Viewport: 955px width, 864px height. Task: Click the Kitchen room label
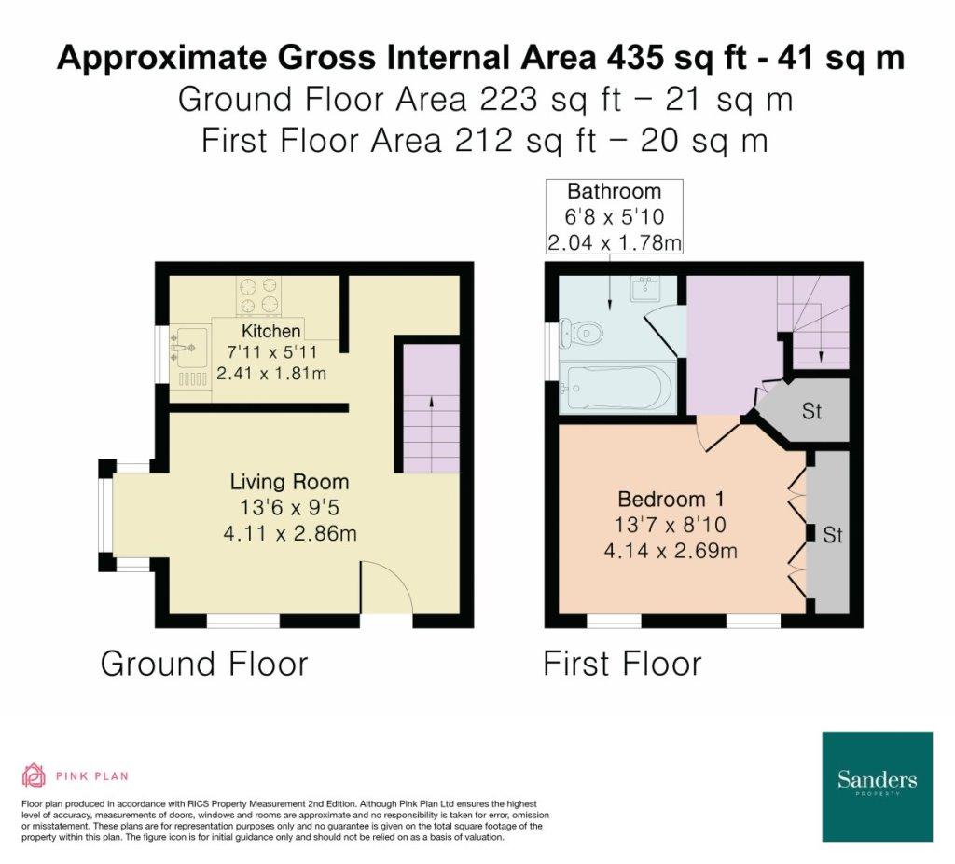(x=271, y=331)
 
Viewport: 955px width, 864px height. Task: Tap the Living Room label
(x=289, y=482)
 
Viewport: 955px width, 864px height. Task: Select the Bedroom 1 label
(x=671, y=500)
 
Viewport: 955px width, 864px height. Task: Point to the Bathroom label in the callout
(x=614, y=191)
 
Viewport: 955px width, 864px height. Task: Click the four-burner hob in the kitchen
(x=259, y=295)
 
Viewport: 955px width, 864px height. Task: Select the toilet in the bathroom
(x=582, y=334)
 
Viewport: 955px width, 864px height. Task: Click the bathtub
(x=617, y=387)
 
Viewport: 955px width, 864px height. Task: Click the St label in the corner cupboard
(x=812, y=411)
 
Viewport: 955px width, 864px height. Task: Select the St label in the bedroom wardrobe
(x=832, y=535)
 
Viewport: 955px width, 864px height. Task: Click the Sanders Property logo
(x=877, y=786)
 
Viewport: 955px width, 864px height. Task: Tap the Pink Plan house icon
(x=35, y=775)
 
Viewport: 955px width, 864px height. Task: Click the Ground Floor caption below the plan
(x=204, y=664)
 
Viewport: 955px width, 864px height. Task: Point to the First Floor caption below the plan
(x=622, y=664)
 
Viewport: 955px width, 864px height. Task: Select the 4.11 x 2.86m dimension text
(x=290, y=533)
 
